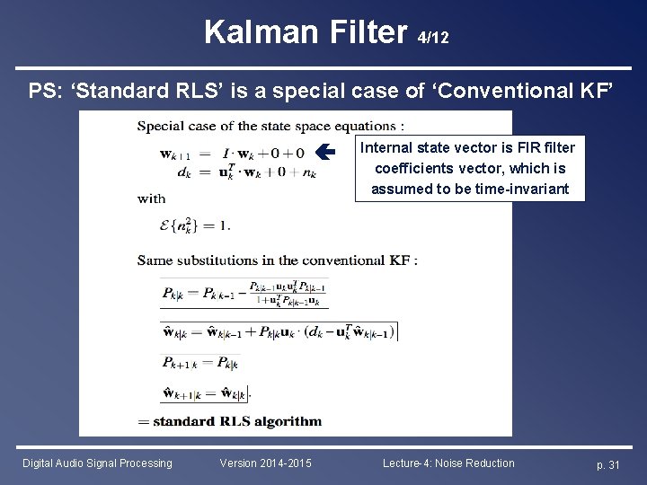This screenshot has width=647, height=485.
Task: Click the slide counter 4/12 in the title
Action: pos(434,39)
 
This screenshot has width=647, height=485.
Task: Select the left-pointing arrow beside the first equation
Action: pos(328,153)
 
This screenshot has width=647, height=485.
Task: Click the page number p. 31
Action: pos(608,463)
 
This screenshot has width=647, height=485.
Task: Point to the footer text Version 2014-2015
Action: pos(266,463)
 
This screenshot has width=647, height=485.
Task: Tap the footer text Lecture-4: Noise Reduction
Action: pos(448,463)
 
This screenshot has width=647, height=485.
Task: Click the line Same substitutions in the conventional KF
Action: pos(277,260)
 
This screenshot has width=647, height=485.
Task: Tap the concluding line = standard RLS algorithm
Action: pos(229,420)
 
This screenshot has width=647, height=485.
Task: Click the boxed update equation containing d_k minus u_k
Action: pos(279,331)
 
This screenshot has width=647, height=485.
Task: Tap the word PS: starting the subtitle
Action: pos(45,91)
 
